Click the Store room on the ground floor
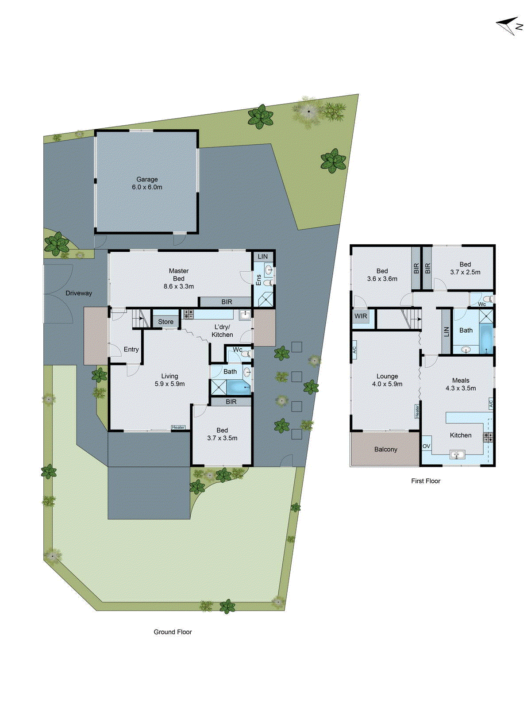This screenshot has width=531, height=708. click(x=165, y=322)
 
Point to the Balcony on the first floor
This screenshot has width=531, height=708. click(x=385, y=449)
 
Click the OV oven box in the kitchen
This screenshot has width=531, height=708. click(x=426, y=446)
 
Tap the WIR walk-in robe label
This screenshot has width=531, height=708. click(x=361, y=316)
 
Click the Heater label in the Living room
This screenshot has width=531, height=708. click(x=178, y=427)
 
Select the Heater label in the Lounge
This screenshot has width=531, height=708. click(x=417, y=411)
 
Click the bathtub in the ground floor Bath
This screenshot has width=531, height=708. click(x=239, y=388)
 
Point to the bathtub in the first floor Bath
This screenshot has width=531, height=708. click(x=486, y=339)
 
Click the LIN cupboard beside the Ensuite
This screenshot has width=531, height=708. click(x=263, y=257)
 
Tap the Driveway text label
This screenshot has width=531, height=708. click(x=79, y=293)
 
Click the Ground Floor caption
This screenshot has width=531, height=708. click(x=173, y=632)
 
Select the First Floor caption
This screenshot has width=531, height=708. click(x=426, y=481)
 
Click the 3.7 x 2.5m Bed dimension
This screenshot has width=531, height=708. click(x=465, y=272)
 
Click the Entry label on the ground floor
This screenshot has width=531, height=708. click(x=131, y=349)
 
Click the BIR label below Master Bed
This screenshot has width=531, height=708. click(x=227, y=302)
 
